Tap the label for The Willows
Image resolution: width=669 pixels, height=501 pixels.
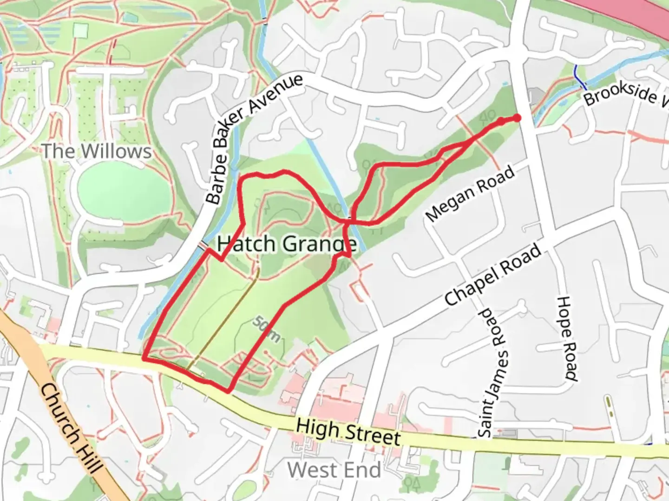coord(97,151)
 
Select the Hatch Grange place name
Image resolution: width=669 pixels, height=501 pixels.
coord(287,244)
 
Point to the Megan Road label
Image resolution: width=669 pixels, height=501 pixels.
coord(470,193)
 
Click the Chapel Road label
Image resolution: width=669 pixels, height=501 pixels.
coord(493,275)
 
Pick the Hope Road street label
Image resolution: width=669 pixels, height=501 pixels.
coord(567,339)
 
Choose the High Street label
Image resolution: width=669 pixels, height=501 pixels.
coord(348,432)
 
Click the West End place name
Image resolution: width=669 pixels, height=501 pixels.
coord(334,470)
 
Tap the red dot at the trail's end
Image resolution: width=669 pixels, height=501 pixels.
coord(516,119)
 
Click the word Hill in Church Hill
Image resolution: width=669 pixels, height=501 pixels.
coord(91,457)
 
